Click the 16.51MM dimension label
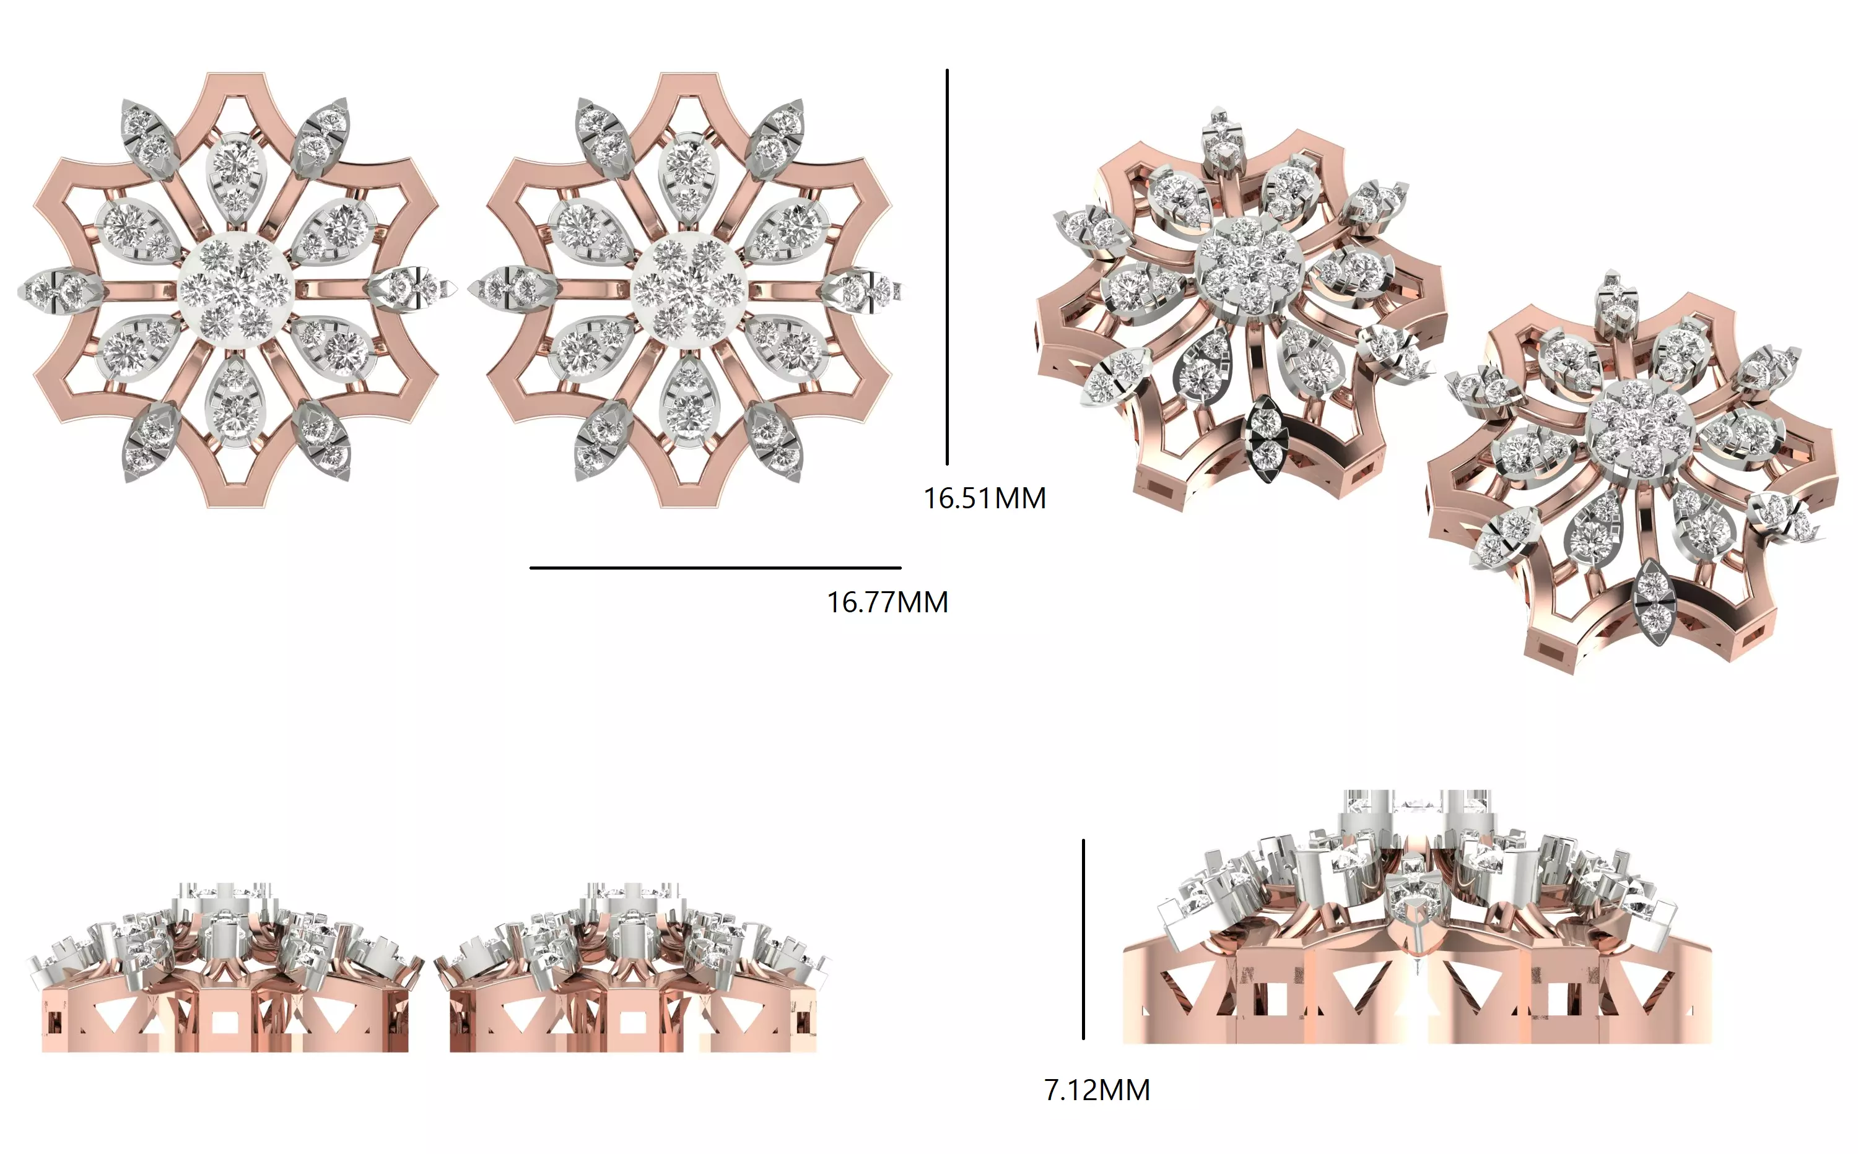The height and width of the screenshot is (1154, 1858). click(985, 498)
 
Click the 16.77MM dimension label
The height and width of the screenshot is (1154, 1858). click(888, 602)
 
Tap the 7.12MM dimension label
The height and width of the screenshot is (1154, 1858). click(1097, 1090)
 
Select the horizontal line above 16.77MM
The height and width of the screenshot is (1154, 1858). click(715, 568)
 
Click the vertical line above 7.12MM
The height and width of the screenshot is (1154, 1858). click(1083, 939)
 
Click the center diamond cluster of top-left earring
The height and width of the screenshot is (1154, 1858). click(236, 291)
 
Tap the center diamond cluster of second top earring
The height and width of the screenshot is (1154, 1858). click(690, 291)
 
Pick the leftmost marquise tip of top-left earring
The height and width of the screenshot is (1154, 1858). click(53, 291)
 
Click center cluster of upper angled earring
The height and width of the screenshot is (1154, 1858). click(1247, 265)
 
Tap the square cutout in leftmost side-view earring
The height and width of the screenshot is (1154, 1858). click(224, 1022)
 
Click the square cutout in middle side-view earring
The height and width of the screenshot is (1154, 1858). click(631, 1022)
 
